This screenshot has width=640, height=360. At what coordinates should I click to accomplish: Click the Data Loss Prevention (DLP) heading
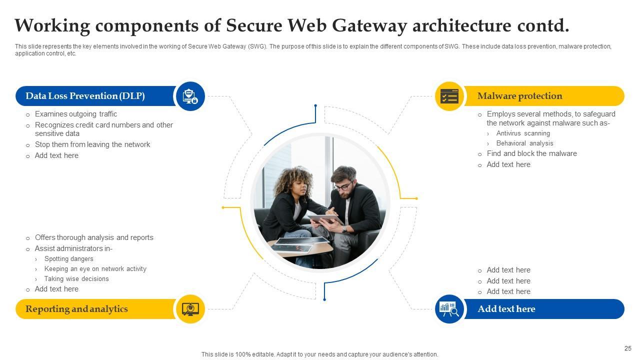pos(85,96)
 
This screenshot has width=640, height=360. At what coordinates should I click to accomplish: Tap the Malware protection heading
pos(519,96)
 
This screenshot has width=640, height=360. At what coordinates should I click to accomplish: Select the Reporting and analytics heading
pos(76,309)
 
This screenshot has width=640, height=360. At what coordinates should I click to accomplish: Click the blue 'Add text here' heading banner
pos(506,309)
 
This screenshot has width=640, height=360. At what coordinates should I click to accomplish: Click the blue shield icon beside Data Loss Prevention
pos(190,96)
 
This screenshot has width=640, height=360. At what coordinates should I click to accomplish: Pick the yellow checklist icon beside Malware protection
pos(449,96)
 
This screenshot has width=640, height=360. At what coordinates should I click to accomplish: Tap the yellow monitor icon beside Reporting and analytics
pos(190,309)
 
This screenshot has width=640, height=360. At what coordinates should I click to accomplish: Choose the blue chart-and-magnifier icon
pos(449,309)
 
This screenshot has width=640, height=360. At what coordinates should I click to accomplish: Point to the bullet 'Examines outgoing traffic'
pos(76,114)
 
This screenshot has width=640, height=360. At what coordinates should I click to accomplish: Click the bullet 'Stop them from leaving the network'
pos(92,144)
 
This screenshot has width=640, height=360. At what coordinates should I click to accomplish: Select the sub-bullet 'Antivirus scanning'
pos(523,133)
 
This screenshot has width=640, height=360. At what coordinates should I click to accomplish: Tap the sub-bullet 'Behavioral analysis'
pos(524,143)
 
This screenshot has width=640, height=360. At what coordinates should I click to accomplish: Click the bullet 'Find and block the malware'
pos(531,153)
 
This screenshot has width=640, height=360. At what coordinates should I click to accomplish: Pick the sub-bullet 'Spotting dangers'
pos(68,259)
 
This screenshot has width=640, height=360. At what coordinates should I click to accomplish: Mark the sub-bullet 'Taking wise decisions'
pos(76,279)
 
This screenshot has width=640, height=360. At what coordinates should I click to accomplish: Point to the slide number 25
pos(628,348)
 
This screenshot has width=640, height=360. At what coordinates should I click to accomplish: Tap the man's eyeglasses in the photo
pos(343,187)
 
